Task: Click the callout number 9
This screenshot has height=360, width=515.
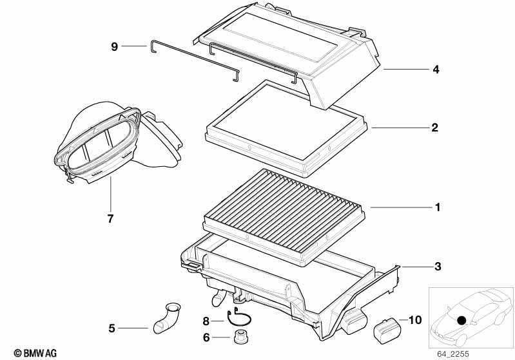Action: click(114, 46)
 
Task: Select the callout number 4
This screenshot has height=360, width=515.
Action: click(436, 70)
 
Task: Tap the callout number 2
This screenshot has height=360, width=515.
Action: click(435, 128)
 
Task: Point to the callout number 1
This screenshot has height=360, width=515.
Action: click(437, 207)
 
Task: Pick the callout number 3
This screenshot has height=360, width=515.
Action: click(438, 267)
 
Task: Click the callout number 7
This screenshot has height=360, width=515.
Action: click(110, 218)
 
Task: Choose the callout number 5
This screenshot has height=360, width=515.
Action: click(112, 328)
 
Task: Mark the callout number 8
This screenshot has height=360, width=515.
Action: click(206, 321)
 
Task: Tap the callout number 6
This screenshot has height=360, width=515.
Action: click(206, 337)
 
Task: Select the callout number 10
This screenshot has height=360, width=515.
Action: click(415, 320)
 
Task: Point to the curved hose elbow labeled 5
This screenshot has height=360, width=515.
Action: click(166, 319)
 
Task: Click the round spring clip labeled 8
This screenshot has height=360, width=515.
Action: click(239, 317)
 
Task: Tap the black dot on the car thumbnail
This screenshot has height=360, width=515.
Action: click(462, 320)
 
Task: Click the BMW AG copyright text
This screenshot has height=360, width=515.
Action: click(35, 353)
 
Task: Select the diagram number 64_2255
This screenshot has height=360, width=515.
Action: click(453, 354)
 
